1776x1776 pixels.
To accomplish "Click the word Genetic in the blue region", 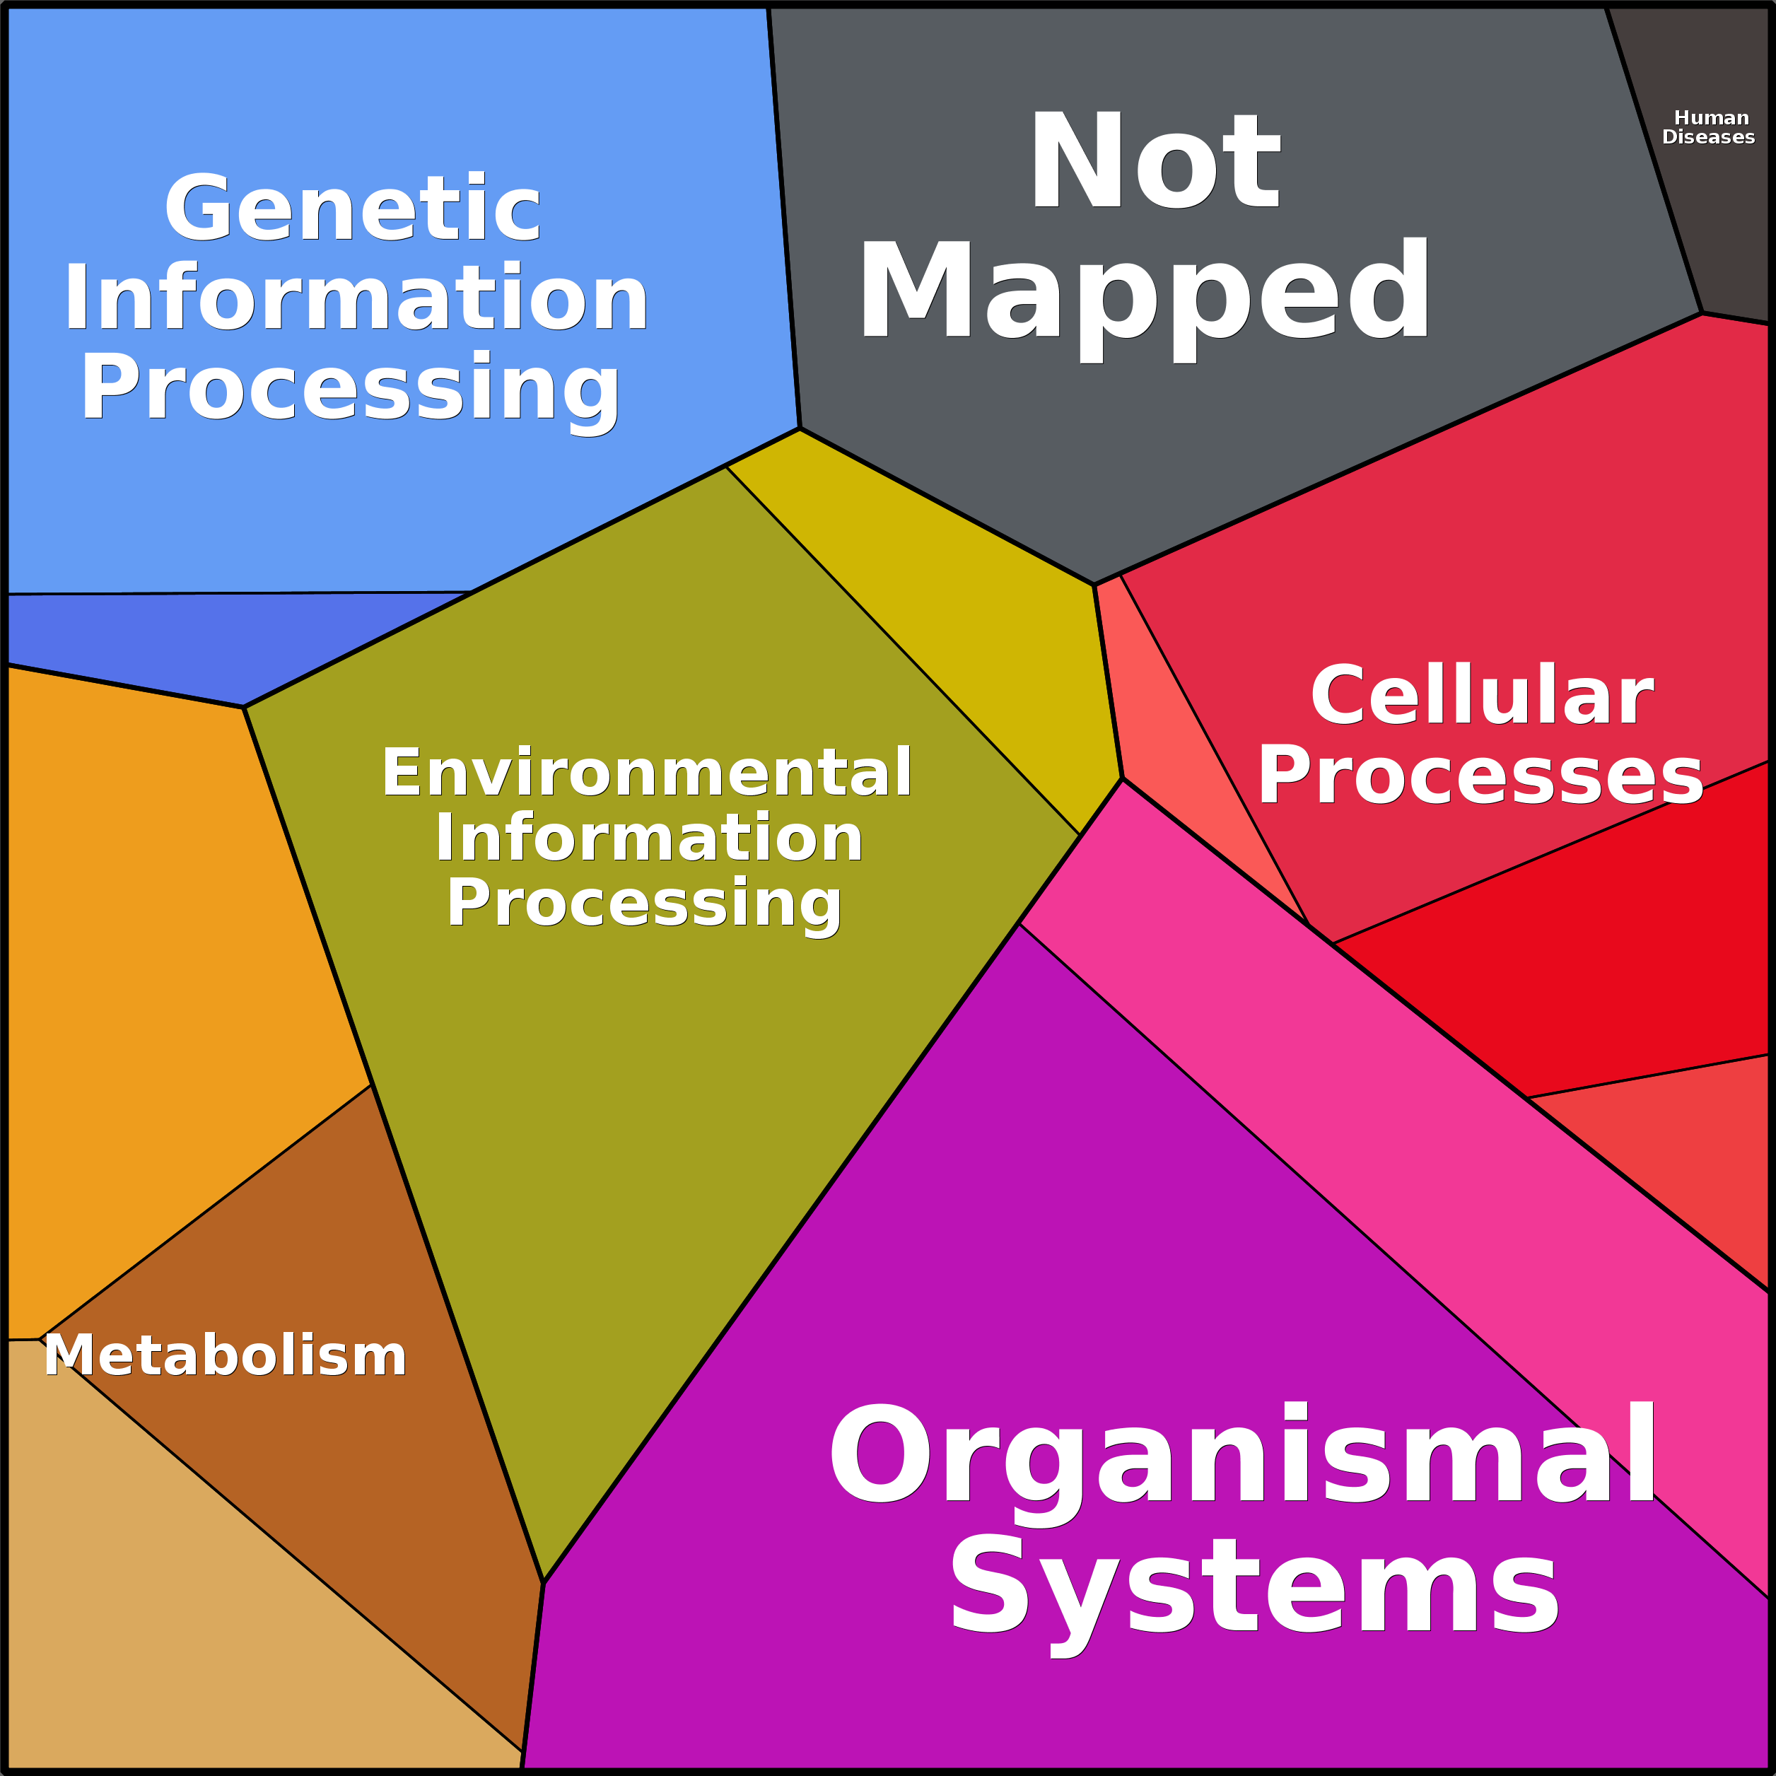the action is [x=353, y=209].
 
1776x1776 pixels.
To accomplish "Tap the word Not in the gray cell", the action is [x=1155, y=161].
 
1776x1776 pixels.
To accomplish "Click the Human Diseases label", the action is [x=1709, y=128].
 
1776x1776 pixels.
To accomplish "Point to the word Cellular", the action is [x=1482, y=696].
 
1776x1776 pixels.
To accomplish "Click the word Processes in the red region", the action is [x=1480, y=777].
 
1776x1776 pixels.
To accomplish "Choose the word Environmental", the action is [x=647, y=772].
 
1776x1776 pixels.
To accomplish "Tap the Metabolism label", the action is [x=226, y=1355].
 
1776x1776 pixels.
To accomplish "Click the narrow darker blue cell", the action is [x=211, y=643].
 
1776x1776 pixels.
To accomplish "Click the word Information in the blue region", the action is [x=356, y=298].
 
